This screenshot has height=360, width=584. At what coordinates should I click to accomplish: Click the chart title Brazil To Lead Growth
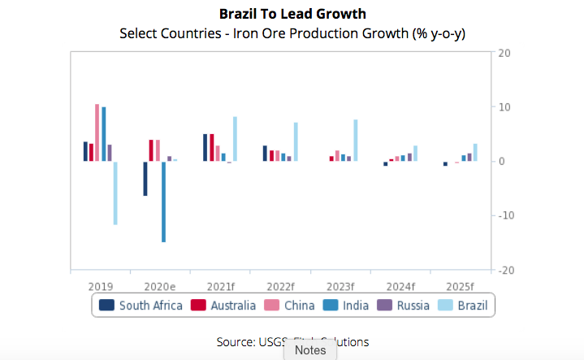tap(292, 14)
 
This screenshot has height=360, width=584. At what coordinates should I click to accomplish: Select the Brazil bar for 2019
tap(115, 193)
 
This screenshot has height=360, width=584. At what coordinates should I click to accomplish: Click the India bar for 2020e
tap(163, 202)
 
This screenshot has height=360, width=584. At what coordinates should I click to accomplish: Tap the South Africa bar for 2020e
tap(145, 179)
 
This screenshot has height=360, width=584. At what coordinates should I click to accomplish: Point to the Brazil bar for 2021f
tap(235, 139)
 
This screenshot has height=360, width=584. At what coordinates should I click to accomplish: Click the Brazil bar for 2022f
tap(296, 142)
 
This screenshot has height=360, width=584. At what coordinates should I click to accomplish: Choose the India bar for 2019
tap(103, 134)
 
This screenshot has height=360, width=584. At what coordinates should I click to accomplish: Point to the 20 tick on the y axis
tap(504, 53)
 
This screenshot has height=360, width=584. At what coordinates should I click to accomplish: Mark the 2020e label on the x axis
tap(161, 286)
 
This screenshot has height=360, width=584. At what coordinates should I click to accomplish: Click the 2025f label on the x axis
tap(460, 286)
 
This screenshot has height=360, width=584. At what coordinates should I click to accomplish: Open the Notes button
tap(310, 350)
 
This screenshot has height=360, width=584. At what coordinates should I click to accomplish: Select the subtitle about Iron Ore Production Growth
tap(292, 33)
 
